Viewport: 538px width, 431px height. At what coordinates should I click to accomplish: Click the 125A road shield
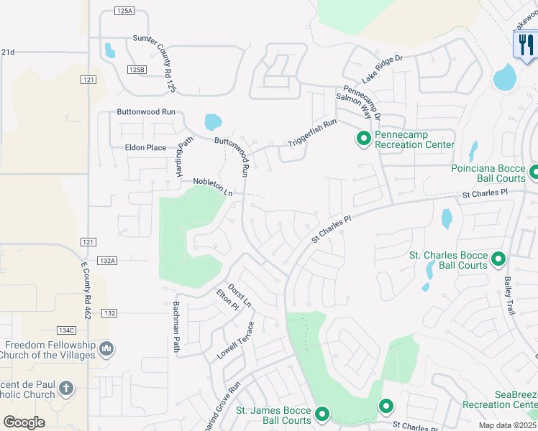(124, 11)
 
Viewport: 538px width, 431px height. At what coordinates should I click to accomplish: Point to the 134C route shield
(65, 330)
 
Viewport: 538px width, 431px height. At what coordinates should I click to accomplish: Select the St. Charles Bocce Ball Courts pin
(498, 258)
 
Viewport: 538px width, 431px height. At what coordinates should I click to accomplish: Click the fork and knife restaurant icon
(525, 45)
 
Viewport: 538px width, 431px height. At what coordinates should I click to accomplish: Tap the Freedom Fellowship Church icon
(106, 348)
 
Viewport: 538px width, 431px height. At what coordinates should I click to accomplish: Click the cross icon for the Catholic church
(66, 389)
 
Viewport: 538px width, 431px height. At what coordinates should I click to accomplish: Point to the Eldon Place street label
(146, 148)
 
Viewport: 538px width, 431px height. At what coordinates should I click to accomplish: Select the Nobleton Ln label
(213, 187)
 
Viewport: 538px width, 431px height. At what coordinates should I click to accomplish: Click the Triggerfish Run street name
(312, 133)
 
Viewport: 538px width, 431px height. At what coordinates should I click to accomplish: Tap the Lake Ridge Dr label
(379, 67)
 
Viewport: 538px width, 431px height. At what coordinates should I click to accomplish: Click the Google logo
(24, 422)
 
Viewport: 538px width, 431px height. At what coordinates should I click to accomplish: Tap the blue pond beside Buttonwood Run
(214, 123)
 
